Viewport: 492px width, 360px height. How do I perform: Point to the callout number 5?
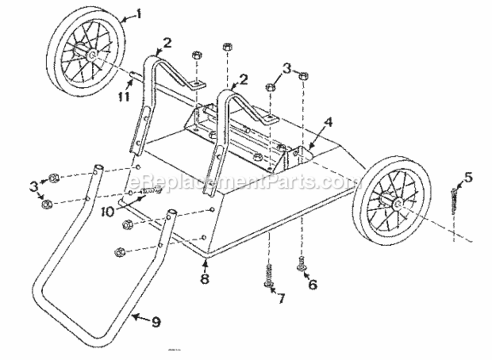coord(468,178)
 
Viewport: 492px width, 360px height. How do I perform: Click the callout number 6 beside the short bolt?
coord(312,284)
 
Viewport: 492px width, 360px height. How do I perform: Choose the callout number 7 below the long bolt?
coord(281,298)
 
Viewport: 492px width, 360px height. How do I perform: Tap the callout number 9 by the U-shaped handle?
coord(156,322)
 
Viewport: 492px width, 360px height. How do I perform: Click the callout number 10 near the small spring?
coord(108,212)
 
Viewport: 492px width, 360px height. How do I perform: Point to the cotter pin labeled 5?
coord(454,201)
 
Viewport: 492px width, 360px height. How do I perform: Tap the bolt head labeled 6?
coord(301,267)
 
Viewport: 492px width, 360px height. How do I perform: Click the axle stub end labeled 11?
coord(133,74)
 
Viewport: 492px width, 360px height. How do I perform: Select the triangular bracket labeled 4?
coord(297,155)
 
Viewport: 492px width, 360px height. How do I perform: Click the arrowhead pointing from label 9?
coord(134,317)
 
